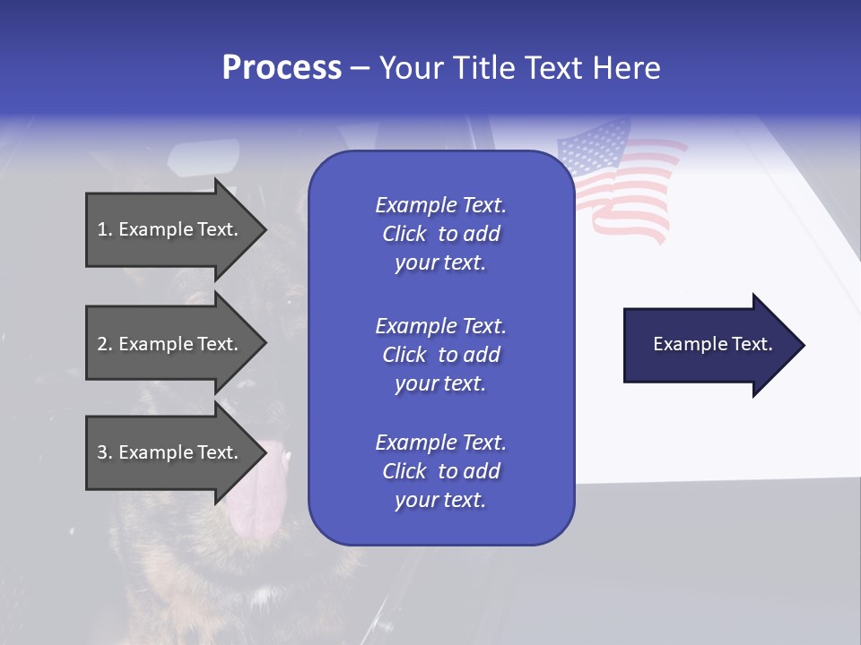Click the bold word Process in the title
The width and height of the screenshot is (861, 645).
pyautogui.click(x=282, y=68)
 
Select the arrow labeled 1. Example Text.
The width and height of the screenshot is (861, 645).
pyautogui.click(x=170, y=229)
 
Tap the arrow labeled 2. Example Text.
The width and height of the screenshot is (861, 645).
pyautogui.click(x=170, y=344)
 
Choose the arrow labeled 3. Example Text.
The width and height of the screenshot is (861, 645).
pyautogui.click(x=170, y=452)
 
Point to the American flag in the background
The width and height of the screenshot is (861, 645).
pyautogui.click(x=619, y=184)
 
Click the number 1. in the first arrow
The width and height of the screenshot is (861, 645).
pyautogui.click(x=105, y=229)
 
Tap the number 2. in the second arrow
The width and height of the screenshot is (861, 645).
pyautogui.click(x=105, y=344)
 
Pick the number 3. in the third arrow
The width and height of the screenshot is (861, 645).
pyautogui.click(x=105, y=452)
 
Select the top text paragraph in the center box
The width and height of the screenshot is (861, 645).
pyautogui.click(x=440, y=234)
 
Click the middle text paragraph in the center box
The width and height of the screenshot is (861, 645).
pyautogui.click(x=440, y=354)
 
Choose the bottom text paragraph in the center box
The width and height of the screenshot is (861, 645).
pyautogui.click(x=440, y=471)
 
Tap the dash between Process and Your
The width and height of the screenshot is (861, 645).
pyautogui.click(x=360, y=68)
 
